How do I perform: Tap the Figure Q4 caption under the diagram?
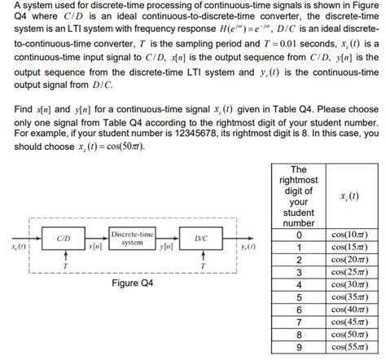[134, 283]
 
